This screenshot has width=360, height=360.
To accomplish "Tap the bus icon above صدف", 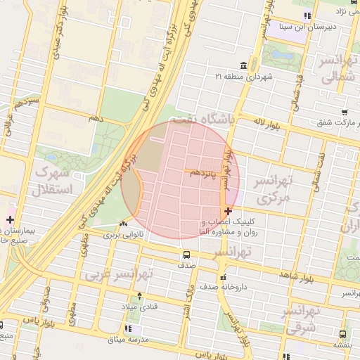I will click(186, 255).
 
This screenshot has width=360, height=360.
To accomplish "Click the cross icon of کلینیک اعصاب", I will click(229, 211).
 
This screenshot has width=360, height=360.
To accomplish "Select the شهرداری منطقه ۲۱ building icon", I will click(244, 65).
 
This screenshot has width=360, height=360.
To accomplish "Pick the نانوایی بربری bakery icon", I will click(124, 224).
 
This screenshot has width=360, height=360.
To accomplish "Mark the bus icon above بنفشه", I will click(342, 334).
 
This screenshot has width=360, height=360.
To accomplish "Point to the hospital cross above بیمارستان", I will click(9, 219).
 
